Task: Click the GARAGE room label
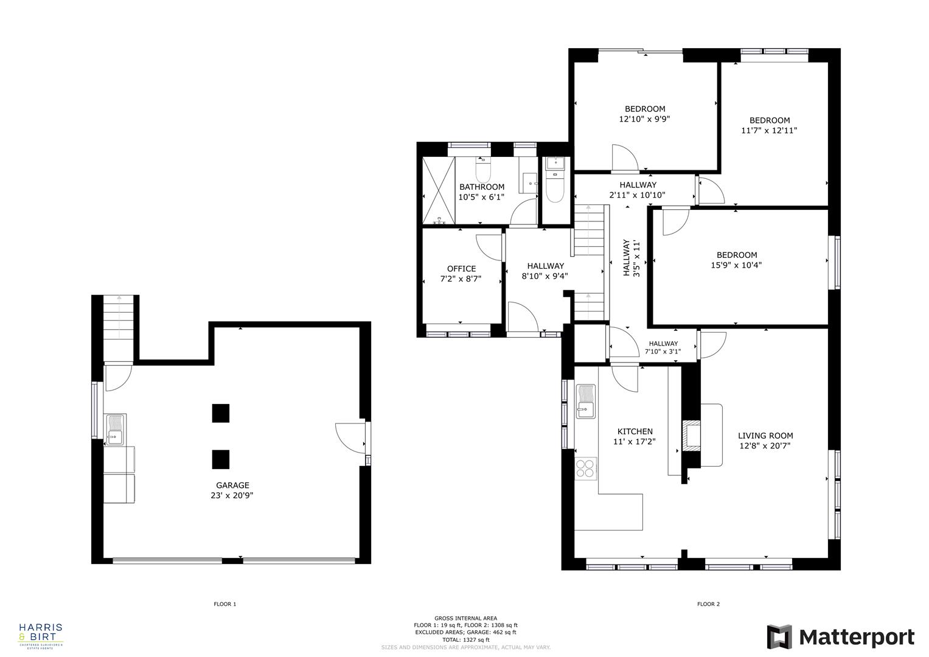232,485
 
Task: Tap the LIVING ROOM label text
765,436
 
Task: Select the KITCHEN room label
635,432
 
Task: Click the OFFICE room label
461,269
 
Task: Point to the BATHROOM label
481,187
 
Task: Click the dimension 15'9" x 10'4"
736,265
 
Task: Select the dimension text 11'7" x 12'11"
769,130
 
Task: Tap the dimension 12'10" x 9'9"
645,119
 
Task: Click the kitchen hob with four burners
585,468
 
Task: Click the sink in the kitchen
585,403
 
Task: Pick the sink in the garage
115,430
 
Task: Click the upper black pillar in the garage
221,413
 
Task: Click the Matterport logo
840,637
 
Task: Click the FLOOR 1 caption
224,604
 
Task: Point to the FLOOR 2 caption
708,604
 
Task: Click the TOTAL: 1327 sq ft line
465,639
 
